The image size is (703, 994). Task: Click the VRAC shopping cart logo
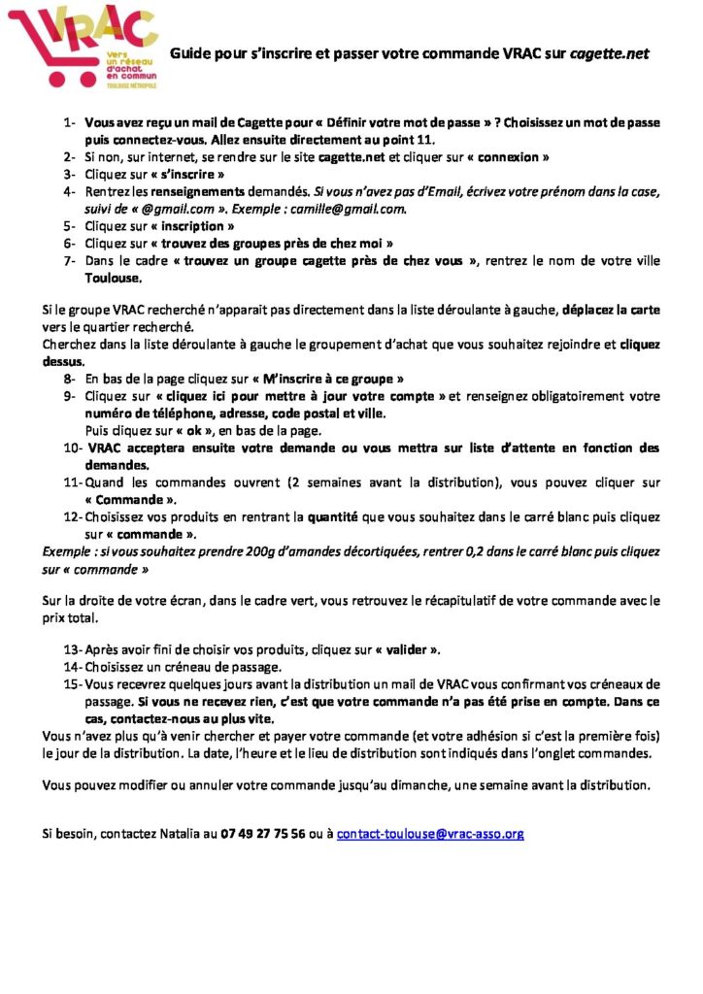(x=82, y=48)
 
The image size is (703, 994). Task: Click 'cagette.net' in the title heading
(x=609, y=53)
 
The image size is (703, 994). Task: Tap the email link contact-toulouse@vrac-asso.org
(x=430, y=833)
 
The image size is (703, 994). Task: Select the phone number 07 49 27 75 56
(x=263, y=833)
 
